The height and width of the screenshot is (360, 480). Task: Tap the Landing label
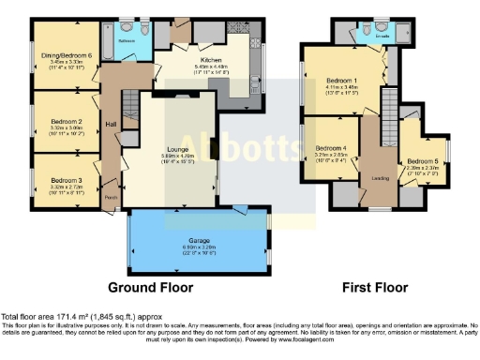point(381,179)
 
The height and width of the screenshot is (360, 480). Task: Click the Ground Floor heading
point(151,286)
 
